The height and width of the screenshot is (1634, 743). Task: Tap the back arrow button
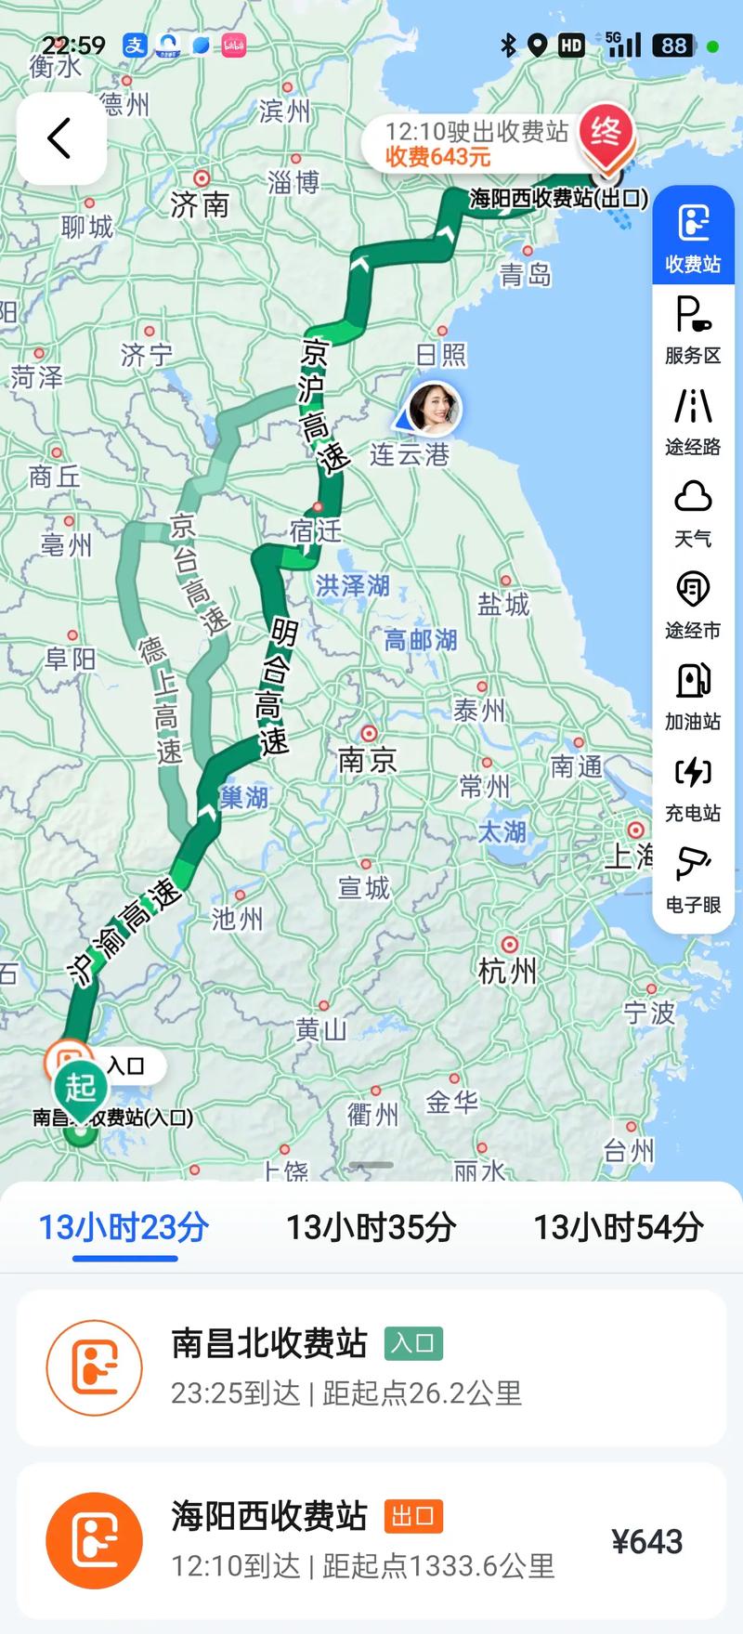(60, 138)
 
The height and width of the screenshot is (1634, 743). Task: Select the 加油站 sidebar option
(693, 696)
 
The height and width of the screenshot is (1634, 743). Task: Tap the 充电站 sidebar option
(693, 787)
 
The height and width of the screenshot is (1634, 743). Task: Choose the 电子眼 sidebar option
(693, 879)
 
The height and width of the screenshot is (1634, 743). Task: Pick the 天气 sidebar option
(693, 513)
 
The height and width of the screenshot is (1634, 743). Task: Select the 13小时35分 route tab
(371, 1227)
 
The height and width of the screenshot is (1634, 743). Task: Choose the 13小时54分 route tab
(618, 1227)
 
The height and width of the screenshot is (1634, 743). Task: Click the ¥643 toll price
(647, 1542)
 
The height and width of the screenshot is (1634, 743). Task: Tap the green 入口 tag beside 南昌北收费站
(413, 1343)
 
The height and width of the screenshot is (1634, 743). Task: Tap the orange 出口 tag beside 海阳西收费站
(413, 1516)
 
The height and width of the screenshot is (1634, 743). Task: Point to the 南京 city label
(367, 760)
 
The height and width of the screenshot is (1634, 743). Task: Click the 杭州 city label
(507, 971)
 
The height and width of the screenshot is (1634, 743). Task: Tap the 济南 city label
(200, 203)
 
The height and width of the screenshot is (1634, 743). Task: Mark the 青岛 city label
(526, 274)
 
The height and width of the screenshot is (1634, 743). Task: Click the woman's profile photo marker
(434, 407)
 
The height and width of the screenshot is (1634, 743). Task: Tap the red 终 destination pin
(606, 134)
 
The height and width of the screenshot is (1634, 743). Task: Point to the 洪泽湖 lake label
(352, 585)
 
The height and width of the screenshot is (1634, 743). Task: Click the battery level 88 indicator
(674, 45)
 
